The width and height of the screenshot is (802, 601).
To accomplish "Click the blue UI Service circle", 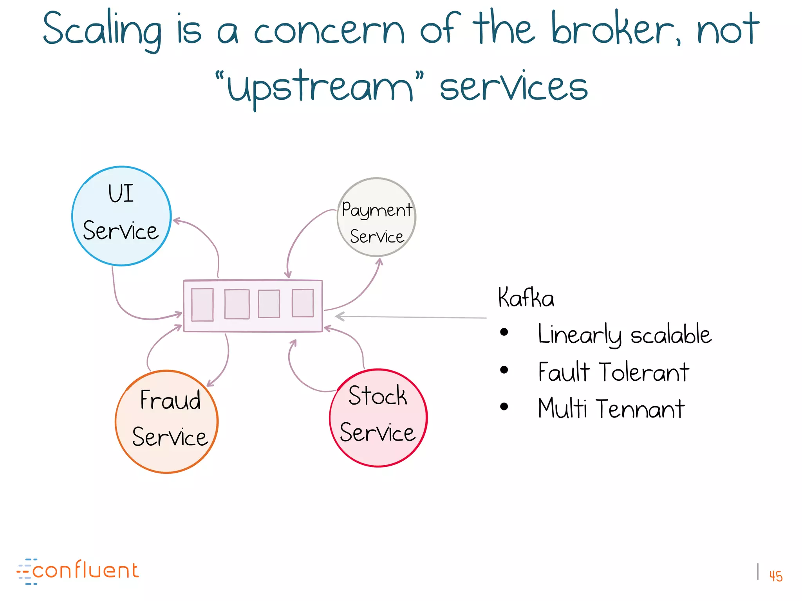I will [121, 216].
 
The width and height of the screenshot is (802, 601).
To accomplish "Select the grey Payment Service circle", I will [376, 218].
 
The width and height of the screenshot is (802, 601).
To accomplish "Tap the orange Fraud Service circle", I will [167, 421].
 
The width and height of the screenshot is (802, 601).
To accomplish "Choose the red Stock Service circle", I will [378, 417].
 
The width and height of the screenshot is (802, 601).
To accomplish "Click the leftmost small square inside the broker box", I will [202, 305].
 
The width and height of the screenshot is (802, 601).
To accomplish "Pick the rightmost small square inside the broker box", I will [303, 303].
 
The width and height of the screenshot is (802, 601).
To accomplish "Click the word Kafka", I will [526, 298].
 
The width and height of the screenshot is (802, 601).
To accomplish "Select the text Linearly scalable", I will [624, 335].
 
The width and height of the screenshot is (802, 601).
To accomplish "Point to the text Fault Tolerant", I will [613, 372].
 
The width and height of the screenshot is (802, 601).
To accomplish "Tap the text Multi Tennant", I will [611, 408].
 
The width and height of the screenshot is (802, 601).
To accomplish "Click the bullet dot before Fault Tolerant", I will [504, 370].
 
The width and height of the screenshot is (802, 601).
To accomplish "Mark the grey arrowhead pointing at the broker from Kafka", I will [339, 316].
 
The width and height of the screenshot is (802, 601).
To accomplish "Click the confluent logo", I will [78, 571].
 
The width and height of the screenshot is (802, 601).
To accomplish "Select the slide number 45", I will [775, 576].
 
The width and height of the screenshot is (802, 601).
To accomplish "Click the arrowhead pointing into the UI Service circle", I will [177, 221].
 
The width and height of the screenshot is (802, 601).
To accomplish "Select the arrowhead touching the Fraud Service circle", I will [210, 383].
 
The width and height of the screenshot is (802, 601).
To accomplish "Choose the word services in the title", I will [513, 87].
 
